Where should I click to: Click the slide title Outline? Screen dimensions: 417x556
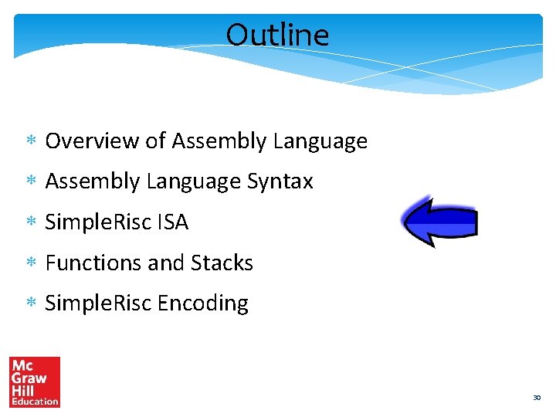pyautogui.click(x=277, y=35)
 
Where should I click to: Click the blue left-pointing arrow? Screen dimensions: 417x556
pyautogui.click(x=439, y=222)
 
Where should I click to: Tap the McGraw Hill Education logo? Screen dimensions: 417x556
pyautogui.click(x=35, y=381)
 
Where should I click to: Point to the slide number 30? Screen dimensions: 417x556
pyautogui.click(x=536, y=398)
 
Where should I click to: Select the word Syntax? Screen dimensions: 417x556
pyautogui.click(x=280, y=182)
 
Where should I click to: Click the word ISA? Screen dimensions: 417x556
pyautogui.click(x=172, y=222)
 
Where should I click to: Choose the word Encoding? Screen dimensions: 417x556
pyautogui.click(x=203, y=304)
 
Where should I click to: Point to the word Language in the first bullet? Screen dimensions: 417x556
pyautogui.click(x=320, y=142)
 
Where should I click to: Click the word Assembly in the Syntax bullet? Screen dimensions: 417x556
pyautogui.click(x=93, y=182)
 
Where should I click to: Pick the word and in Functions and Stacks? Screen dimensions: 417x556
pyautogui.click(x=164, y=263)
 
